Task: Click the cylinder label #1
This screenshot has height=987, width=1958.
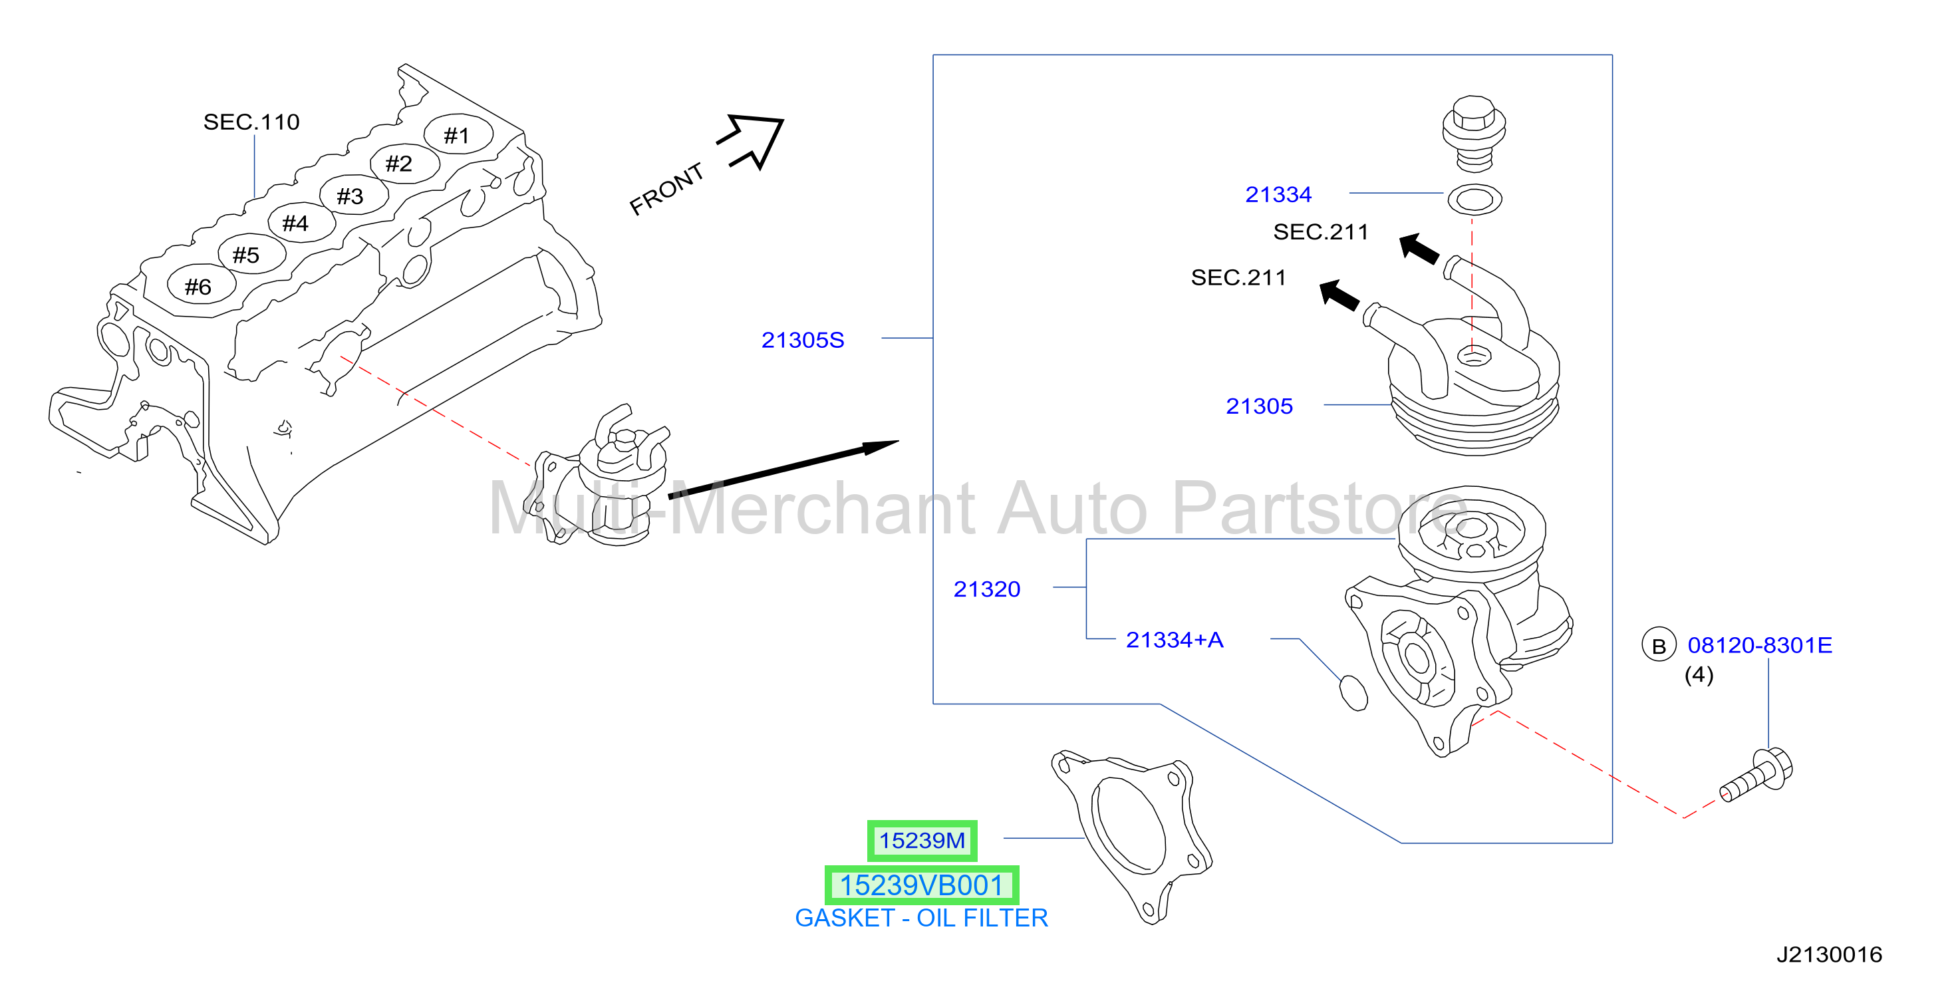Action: click(x=456, y=136)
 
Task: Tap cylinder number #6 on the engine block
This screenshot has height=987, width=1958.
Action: click(x=198, y=287)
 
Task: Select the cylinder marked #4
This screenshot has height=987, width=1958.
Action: click(x=295, y=223)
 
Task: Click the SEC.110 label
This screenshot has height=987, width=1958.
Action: click(x=251, y=122)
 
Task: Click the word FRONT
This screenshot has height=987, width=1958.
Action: click(x=666, y=189)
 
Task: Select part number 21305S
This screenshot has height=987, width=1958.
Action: click(x=803, y=340)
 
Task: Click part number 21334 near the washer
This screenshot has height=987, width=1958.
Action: click(x=1278, y=195)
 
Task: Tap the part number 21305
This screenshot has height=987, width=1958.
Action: click(x=1259, y=406)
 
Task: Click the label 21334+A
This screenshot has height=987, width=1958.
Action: click(x=1175, y=640)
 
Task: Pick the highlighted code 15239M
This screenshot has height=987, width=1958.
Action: click(x=922, y=840)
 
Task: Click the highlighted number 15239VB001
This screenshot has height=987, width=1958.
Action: click(x=921, y=885)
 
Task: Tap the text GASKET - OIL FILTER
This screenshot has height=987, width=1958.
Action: click(x=921, y=918)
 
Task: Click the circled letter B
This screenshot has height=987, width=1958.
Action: click(x=1659, y=646)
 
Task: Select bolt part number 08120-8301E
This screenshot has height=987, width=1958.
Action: click(x=1760, y=645)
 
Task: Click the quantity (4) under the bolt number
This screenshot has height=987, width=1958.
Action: click(x=1699, y=674)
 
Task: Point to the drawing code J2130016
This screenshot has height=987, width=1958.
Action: click(x=1829, y=954)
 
